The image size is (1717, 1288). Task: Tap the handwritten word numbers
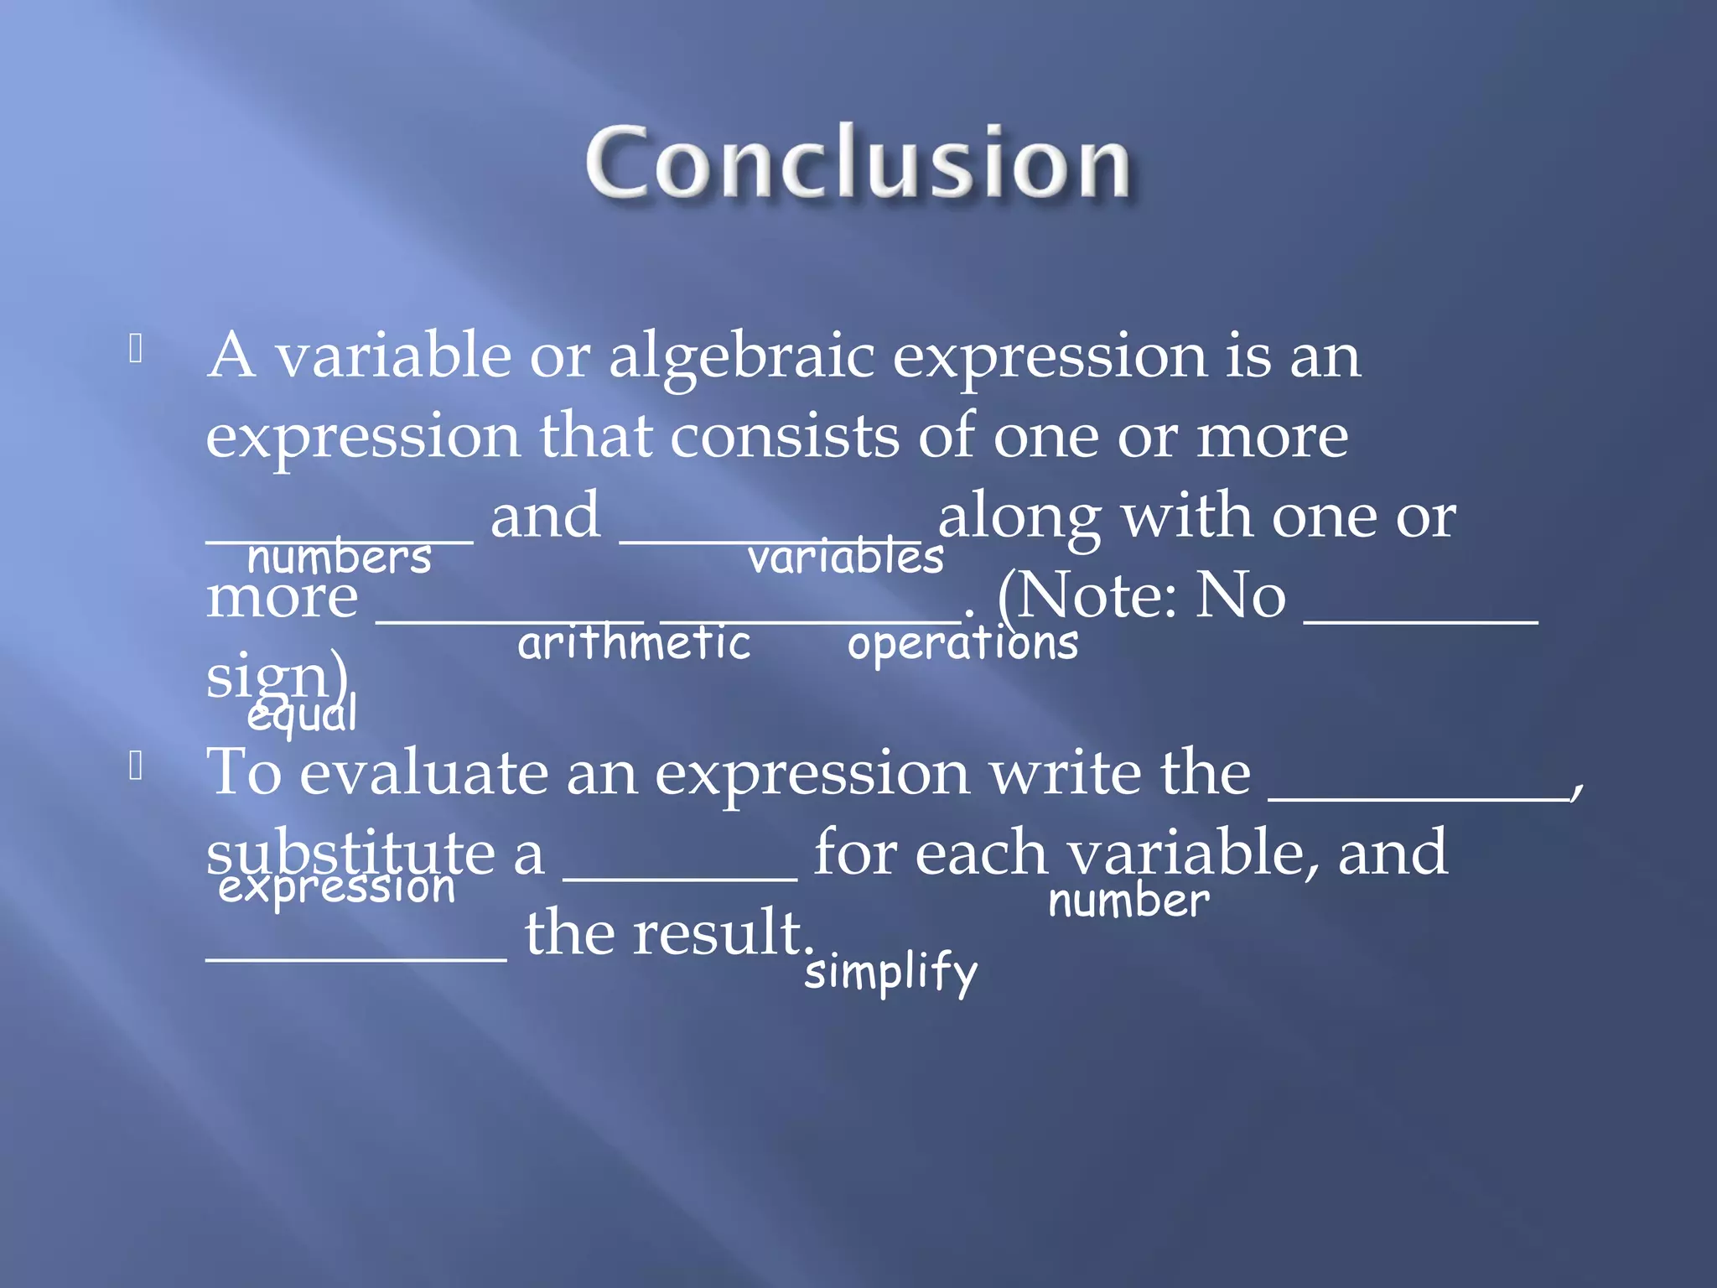[340, 558]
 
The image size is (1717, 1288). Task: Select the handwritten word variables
[845, 558]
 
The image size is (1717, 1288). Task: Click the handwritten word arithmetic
[634, 644]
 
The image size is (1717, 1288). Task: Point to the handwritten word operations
[962, 644]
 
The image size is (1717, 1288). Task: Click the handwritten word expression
[336, 887]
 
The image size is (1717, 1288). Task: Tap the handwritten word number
[1128, 901]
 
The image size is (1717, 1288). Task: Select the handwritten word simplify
[890, 973]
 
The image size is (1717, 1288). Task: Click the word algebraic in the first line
[741, 356]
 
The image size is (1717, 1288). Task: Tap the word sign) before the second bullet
[277, 676]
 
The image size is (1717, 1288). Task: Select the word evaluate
[423, 772]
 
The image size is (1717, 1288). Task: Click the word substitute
[351, 853]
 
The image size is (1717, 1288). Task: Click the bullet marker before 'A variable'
[136, 349]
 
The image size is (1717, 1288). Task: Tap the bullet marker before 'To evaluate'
[136, 766]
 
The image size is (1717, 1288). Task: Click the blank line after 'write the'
[1419, 797]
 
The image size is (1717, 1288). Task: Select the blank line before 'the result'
[356, 956]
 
